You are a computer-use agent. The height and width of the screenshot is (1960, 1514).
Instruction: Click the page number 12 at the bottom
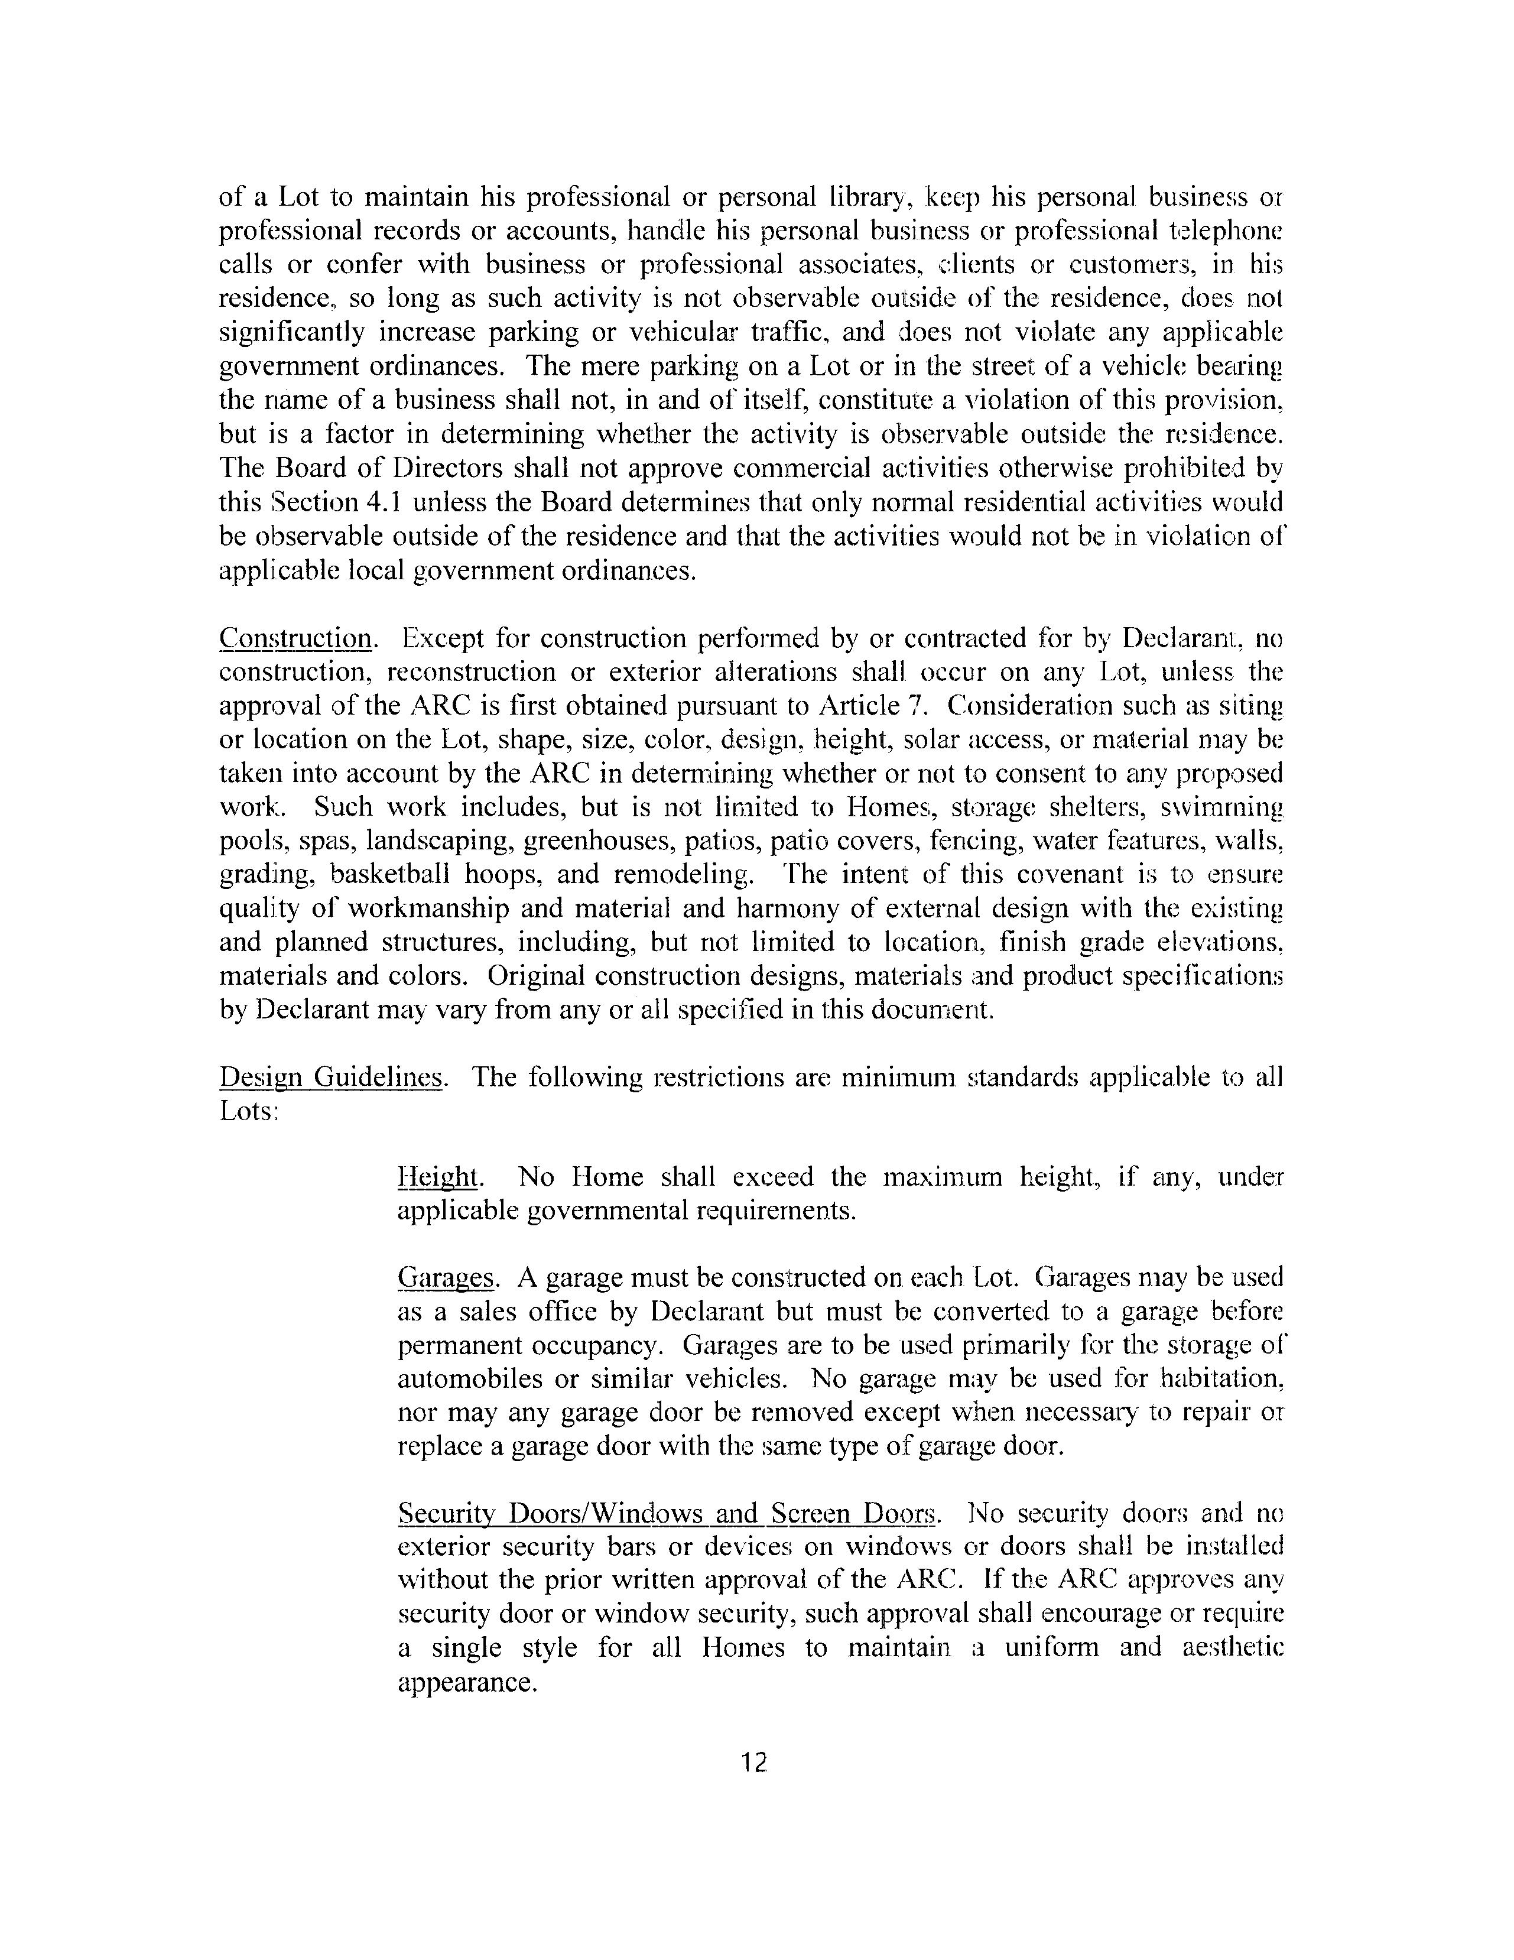coord(755,1763)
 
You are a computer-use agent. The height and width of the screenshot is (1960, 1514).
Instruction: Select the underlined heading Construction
coord(295,639)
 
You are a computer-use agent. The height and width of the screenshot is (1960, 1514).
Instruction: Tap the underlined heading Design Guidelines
coord(330,1077)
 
